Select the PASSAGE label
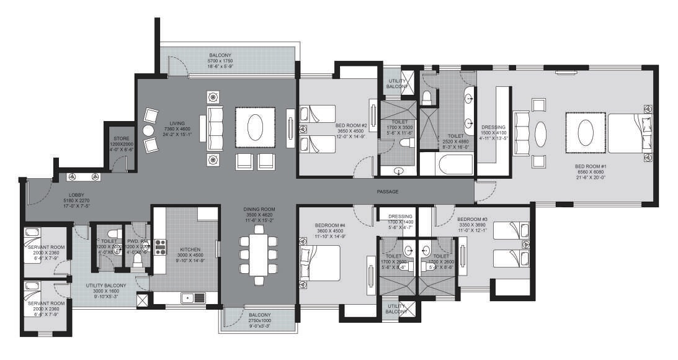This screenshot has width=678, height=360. coord(387,191)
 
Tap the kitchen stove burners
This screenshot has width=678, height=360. coord(160,246)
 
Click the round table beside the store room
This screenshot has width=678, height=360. coord(148,131)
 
